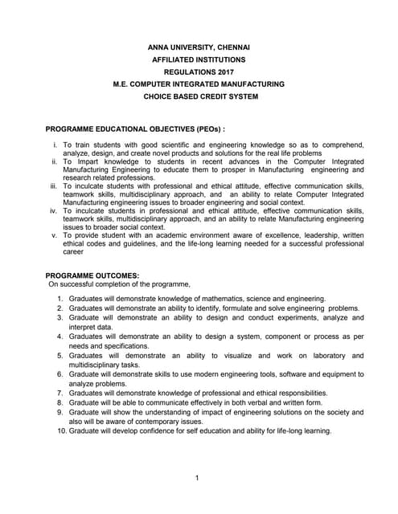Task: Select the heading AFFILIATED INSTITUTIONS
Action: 199,59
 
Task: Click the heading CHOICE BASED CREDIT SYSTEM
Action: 199,96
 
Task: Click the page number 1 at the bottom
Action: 197,479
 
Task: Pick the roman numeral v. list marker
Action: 54,235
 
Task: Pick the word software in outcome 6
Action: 282,374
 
